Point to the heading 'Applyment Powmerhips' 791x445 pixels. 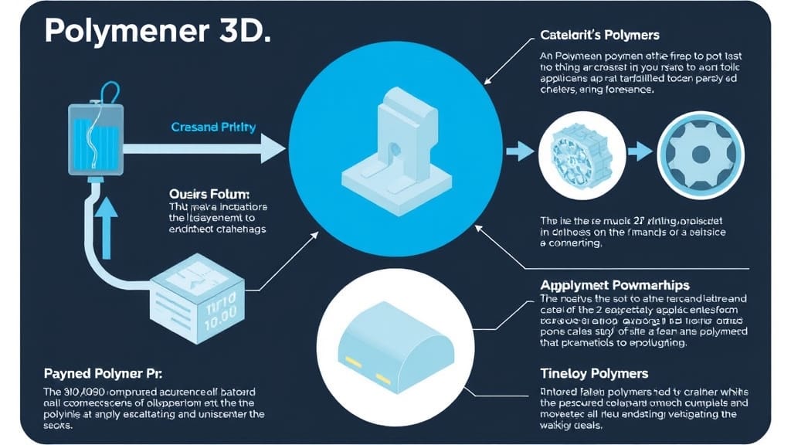(615, 284)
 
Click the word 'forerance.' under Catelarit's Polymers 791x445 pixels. (626, 89)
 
